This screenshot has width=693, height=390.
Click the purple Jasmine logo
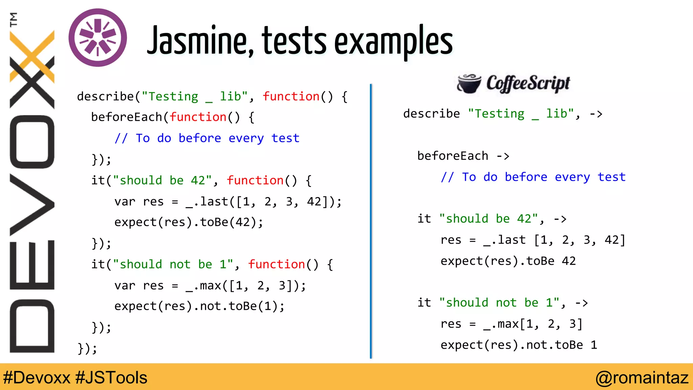pyautogui.click(x=98, y=38)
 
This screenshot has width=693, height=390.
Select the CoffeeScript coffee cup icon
pyautogui.click(x=469, y=84)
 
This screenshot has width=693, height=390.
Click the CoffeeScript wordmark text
pyautogui.click(x=528, y=83)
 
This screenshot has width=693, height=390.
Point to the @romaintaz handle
pyautogui.click(x=642, y=377)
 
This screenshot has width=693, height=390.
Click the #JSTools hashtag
pyautogui.click(x=111, y=377)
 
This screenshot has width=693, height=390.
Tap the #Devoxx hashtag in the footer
pyautogui.click(x=37, y=377)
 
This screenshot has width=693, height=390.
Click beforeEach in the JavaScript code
pyautogui.click(x=127, y=117)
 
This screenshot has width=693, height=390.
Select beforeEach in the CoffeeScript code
pyautogui.click(x=452, y=156)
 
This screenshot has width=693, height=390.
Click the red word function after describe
pyautogui.click(x=291, y=96)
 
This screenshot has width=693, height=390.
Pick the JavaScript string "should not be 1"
pyautogui.click(x=173, y=264)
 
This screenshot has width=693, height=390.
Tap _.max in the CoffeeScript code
pyautogui.click(x=501, y=324)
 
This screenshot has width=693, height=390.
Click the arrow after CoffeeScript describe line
pyautogui.click(x=596, y=114)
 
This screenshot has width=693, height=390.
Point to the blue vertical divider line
pyautogui.click(x=371, y=220)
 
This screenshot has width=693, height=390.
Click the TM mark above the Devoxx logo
pyautogui.click(x=14, y=19)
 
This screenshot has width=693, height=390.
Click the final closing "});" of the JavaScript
pyautogui.click(x=87, y=348)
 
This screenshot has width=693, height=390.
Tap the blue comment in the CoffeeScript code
pyautogui.click(x=533, y=177)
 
